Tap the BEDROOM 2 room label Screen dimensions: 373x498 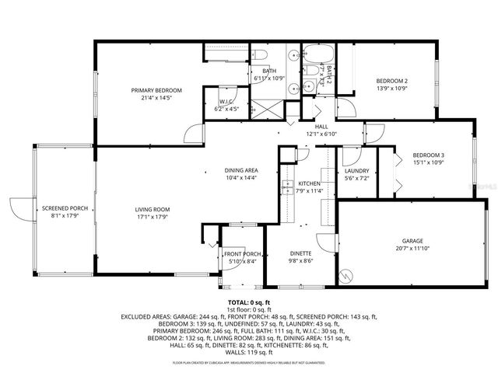tap(392, 81)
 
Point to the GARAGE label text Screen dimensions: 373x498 tap(412, 241)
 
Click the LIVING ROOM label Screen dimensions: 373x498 tap(131, 209)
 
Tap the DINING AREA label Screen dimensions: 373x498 tap(241, 170)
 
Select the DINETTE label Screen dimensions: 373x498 tap(301, 253)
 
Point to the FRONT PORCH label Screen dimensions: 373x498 tap(243, 254)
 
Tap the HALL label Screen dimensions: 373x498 tap(321, 127)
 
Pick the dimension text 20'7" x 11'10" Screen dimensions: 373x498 tap(412, 248)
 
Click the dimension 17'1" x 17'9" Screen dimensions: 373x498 tap(131, 216)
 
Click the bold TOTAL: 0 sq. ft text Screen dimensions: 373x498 tap(249, 302)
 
